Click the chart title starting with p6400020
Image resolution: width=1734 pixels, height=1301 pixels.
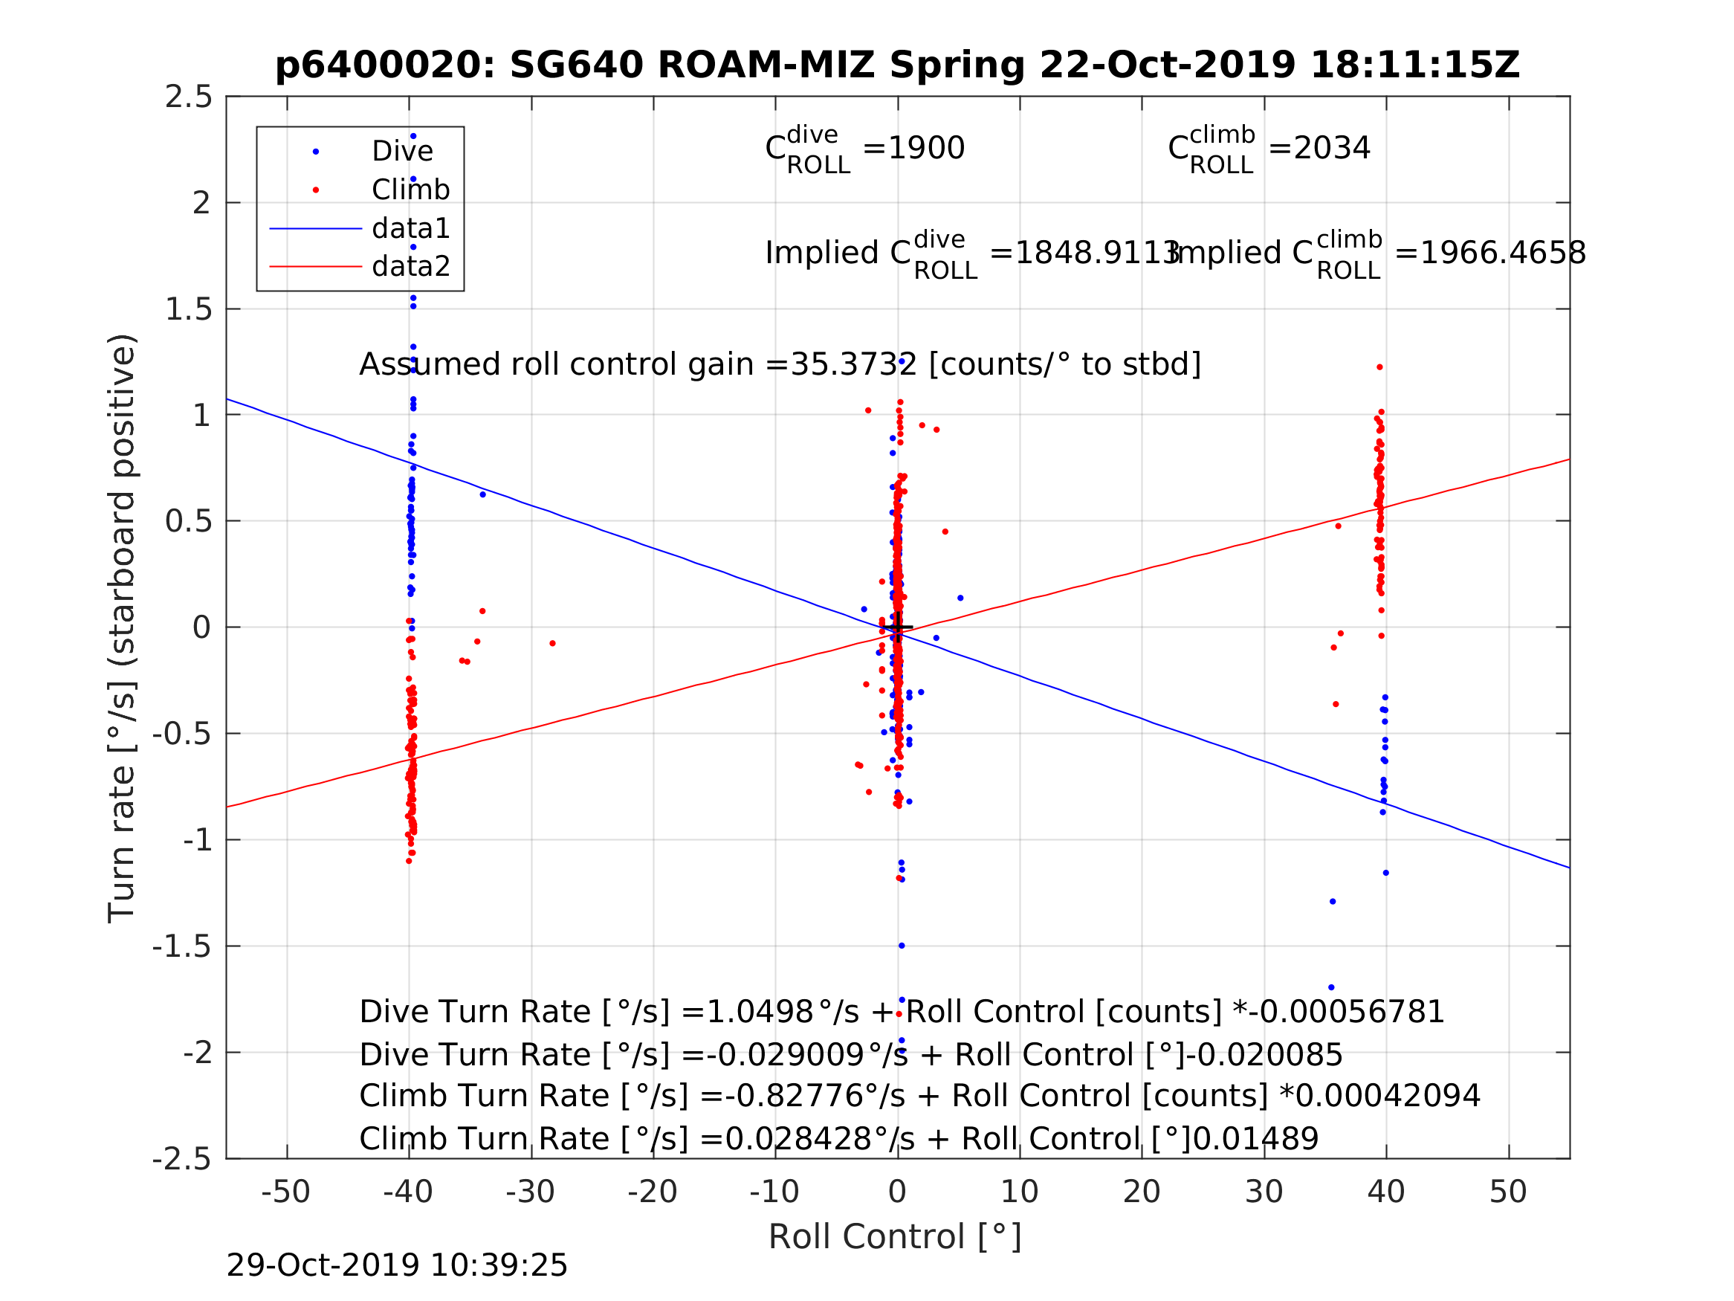[897, 65]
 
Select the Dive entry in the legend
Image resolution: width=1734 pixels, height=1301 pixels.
[401, 152]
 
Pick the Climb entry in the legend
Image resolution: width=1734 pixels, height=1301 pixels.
[410, 190]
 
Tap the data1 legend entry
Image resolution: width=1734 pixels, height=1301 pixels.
[411, 228]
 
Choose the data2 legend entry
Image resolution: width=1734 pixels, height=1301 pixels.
[411, 267]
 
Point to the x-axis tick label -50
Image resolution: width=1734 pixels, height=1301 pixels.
[285, 1192]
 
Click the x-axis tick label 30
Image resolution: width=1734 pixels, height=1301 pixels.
[1263, 1192]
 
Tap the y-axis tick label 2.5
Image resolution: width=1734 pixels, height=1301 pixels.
[188, 97]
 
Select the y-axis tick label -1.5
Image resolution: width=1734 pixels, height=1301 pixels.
[182, 946]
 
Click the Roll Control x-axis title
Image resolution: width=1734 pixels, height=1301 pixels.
[894, 1237]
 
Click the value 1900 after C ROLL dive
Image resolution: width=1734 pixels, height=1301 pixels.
[925, 148]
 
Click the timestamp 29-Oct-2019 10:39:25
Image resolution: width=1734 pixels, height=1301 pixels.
[397, 1266]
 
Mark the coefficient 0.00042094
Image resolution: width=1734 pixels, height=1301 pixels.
[1388, 1097]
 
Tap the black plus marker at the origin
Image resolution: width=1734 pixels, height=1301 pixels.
[899, 628]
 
